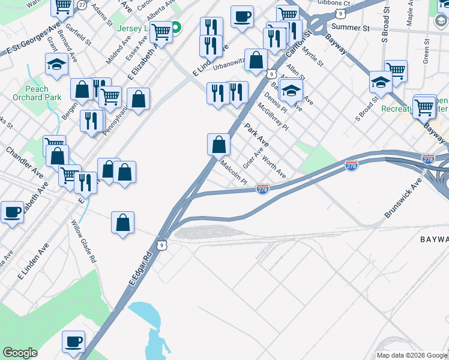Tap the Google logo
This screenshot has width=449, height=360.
pos(20,353)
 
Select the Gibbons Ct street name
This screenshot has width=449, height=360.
pos(334,3)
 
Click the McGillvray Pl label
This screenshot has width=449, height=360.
pos(273,116)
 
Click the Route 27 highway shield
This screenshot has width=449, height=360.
pos(82,5)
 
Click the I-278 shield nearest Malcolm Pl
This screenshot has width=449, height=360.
pos(262,189)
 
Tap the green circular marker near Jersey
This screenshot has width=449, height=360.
pos(176,28)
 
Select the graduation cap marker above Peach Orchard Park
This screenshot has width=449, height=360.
pos(56,64)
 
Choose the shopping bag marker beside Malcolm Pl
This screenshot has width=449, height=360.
pos(219,143)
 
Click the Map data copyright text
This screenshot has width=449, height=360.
pos(412,355)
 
